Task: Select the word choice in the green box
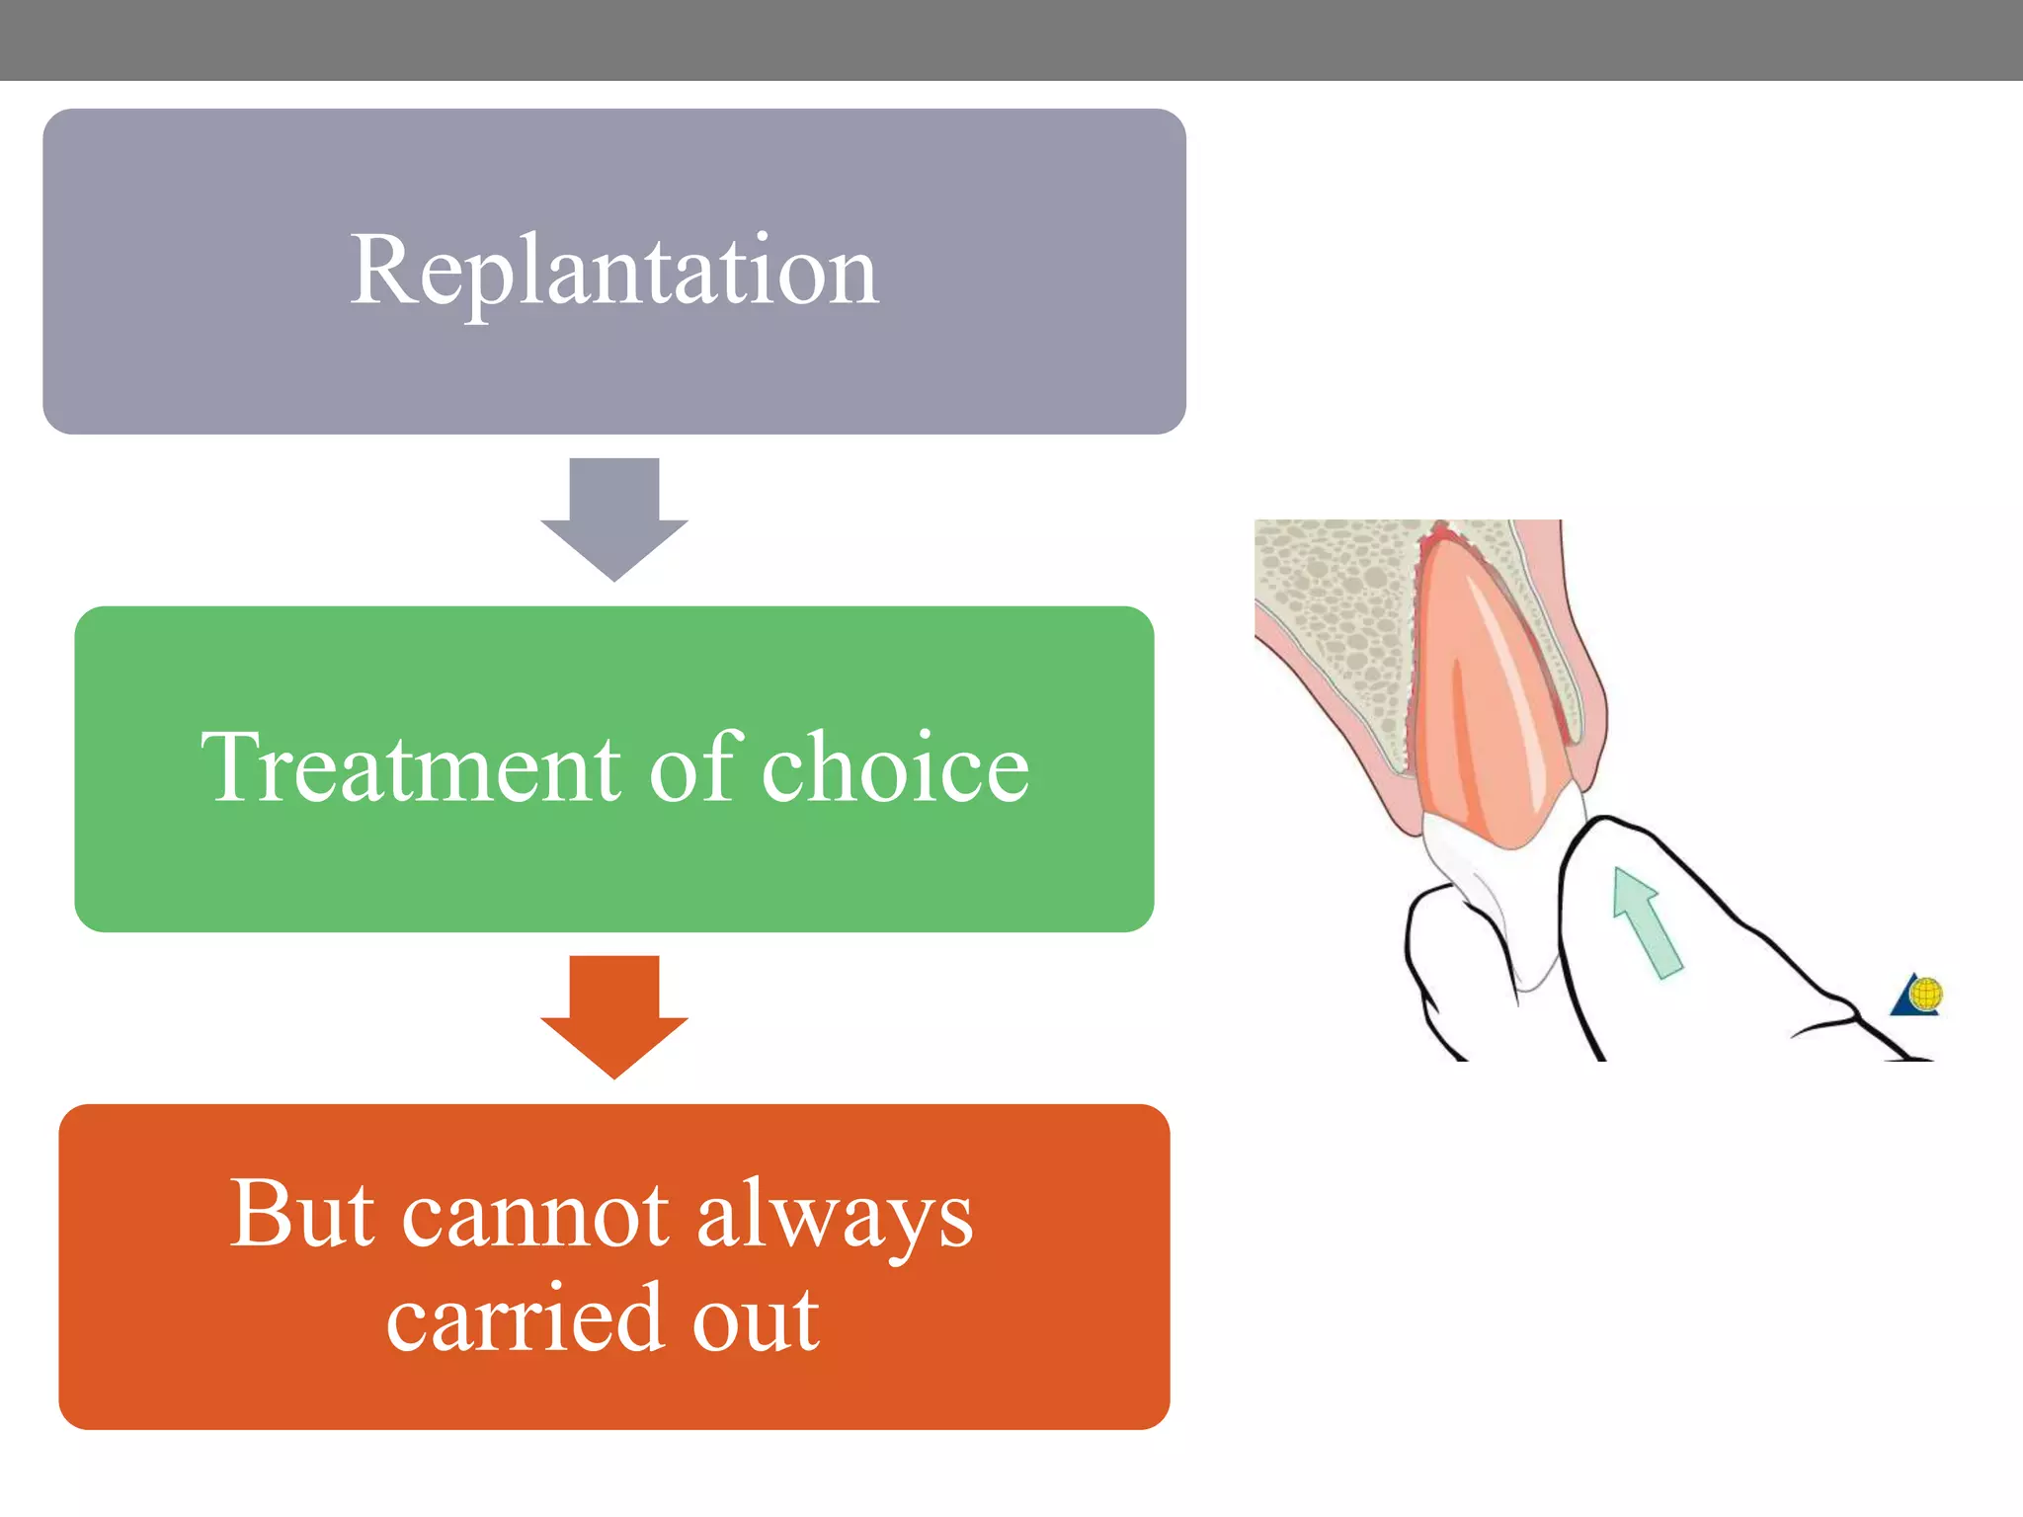coord(895,768)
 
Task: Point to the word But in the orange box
coord(301,1215)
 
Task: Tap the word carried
coord(523,1319)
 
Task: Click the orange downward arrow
coord(613,1017)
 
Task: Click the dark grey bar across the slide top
coord(1011,40)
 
